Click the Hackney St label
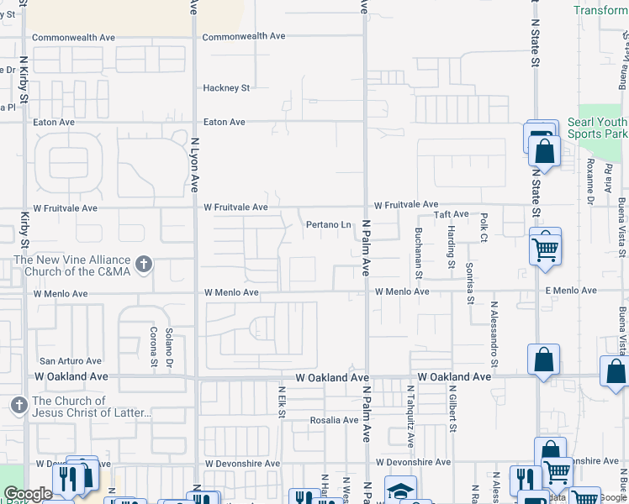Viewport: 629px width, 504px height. pyautogui.click(x=226, y=88)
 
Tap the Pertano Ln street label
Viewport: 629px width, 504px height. pyautogui.click(x=328, y=225)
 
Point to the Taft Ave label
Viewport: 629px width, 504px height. pyautogui.click(x=451, y=215)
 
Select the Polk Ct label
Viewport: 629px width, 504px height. pyautogui.click(x=484, y=223)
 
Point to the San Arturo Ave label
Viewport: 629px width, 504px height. pyautogui.click(x=71, y=361)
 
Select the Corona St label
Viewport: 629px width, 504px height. pyautogui.click(x=153, y=347)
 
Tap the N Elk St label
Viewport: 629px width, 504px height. pyautogui.click(x=282, y=402)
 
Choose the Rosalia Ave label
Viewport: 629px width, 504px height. pyautogui.click(x=335, y=420)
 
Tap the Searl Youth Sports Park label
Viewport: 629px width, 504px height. pyautogui.click(x=597, y=128)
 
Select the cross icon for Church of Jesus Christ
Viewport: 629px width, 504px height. pyautogui.click(x=18, y=407)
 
